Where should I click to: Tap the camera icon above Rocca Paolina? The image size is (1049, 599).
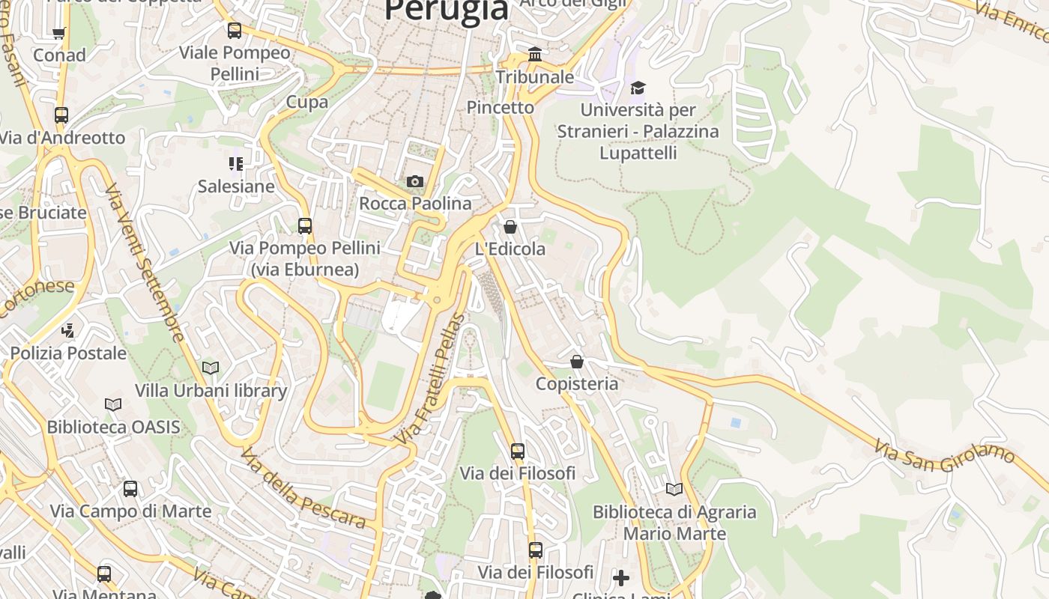(414, 181)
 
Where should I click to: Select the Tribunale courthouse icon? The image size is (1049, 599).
(535, 54)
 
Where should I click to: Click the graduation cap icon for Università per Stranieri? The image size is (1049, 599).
(638, 88)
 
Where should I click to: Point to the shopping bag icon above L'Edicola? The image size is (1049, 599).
(510, 226)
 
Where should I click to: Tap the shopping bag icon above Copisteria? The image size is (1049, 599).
(577, 362)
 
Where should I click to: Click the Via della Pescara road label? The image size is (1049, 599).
(303, 487)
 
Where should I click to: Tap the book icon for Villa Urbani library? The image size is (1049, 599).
(211, 368)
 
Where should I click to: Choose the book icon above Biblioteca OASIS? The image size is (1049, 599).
(113, 404)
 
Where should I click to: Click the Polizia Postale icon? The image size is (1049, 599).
(68, 329)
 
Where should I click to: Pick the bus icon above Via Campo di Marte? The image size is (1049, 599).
(130, 489)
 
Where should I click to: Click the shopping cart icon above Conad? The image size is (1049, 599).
(59, 32)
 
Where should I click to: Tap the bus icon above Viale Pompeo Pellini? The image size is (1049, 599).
(235, 31)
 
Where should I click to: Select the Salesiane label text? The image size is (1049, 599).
(236, 186)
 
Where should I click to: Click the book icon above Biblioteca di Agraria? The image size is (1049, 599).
(674, 489)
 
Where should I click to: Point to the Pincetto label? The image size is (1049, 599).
(501, 107)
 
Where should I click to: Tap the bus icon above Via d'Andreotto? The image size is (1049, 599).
(61, 115)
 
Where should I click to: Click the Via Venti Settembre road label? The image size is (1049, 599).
(144, 262)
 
